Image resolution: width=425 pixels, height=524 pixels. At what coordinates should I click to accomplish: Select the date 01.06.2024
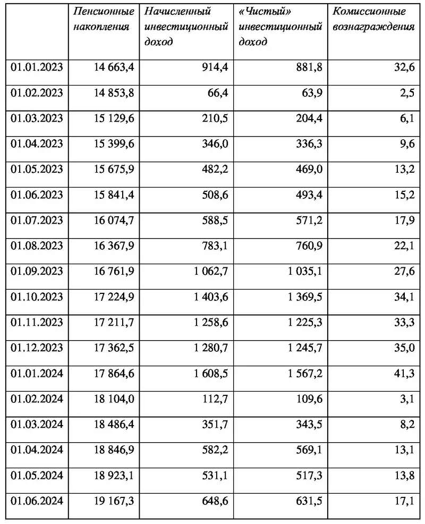[37, 501]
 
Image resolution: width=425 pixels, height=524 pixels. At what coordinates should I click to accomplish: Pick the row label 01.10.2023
[37, 297]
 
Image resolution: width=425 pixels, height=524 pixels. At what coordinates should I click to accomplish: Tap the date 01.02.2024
[37, 399]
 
